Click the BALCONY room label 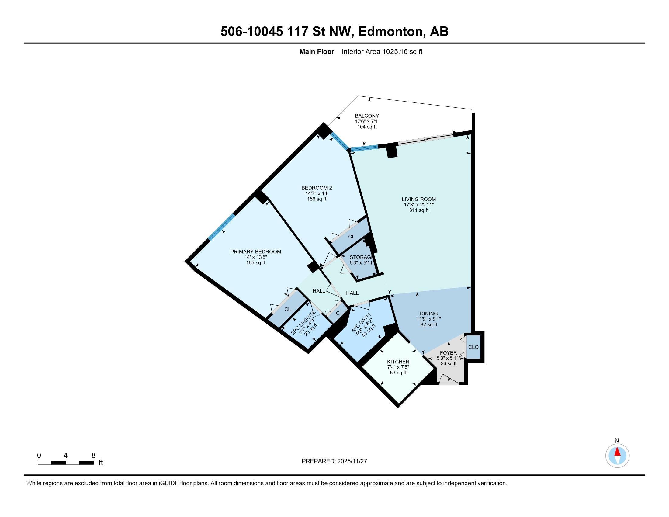[367, 116]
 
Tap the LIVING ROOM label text [419, 199]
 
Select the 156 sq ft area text [317, 199]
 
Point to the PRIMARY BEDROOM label [255, 252]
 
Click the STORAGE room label [361, 257]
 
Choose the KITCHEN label [398, 362]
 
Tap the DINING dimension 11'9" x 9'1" [428, 319]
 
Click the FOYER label [448, 353]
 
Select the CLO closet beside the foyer [473, 347]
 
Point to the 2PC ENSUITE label [303, 322]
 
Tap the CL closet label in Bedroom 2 [351, 237]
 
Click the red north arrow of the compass [617, 452]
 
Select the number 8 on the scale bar [93, 456]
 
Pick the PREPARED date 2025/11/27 [352, 461]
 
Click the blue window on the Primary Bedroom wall [221, 227]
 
